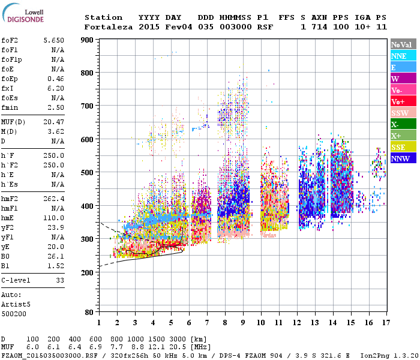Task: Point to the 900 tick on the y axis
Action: [87, 40]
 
